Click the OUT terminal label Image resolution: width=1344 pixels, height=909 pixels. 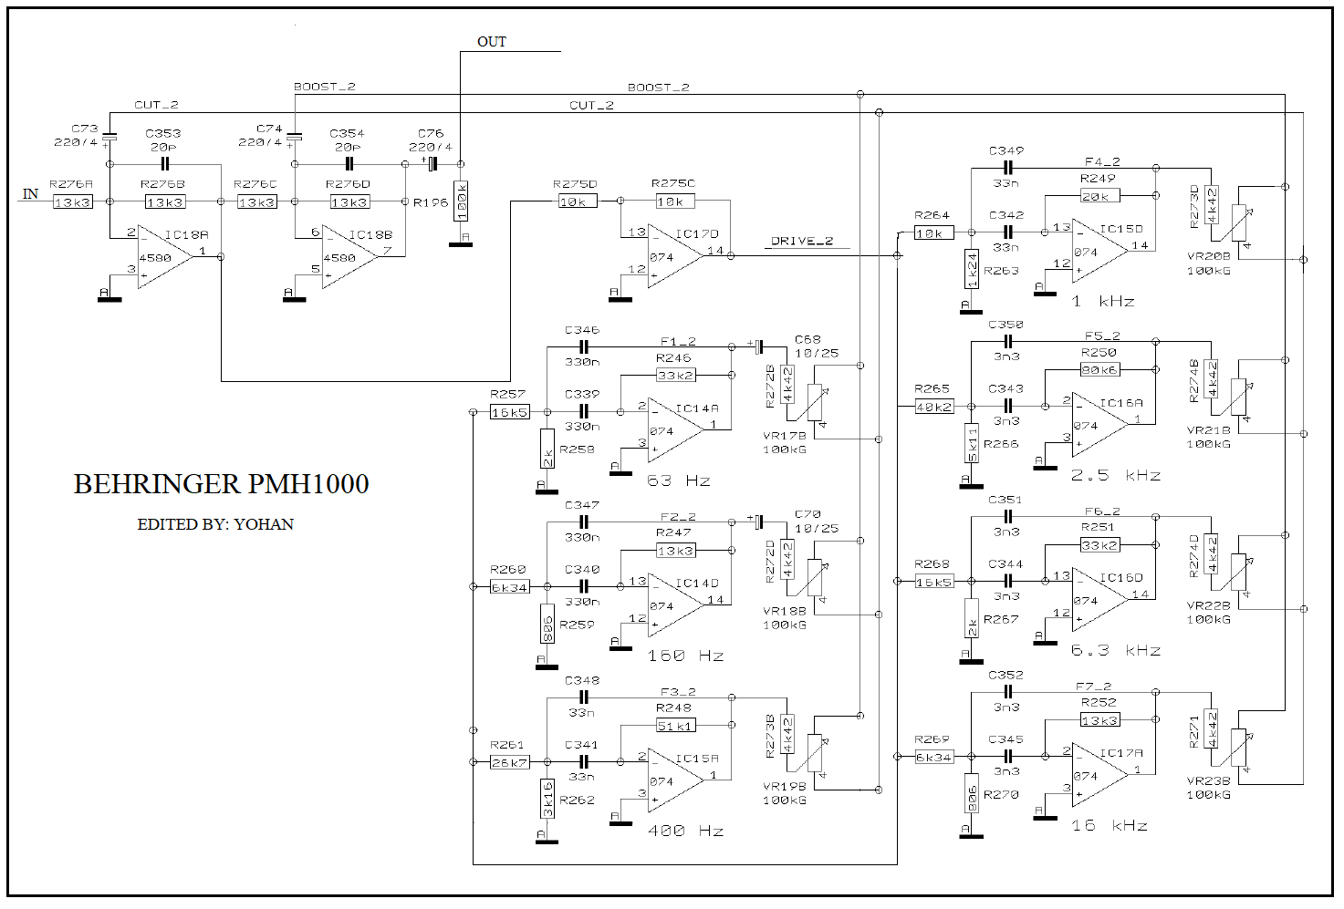click(491, 42)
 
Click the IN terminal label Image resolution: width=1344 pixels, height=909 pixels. click(30, 193)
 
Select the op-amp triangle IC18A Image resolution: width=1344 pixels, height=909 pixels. click(165, 257)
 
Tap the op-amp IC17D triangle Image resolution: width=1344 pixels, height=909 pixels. click(675, 256)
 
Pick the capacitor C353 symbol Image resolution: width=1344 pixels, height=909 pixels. click(164, 164)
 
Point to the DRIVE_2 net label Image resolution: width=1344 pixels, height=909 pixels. click(802, 242)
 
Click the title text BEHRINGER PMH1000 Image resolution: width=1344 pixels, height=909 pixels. click(221, 484)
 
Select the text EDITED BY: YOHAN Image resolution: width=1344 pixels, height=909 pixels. click(215, 524)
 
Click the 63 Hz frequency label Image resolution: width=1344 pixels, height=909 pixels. click(678, 480)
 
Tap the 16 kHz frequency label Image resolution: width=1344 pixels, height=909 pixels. click(1109, 825)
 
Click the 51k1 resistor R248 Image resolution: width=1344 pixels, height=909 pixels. click(675, 726)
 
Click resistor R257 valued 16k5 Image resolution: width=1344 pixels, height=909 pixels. click(509, 412)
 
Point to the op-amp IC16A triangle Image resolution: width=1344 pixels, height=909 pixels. click(1099, 425)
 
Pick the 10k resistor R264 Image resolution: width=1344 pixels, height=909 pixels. click(933, 232)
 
